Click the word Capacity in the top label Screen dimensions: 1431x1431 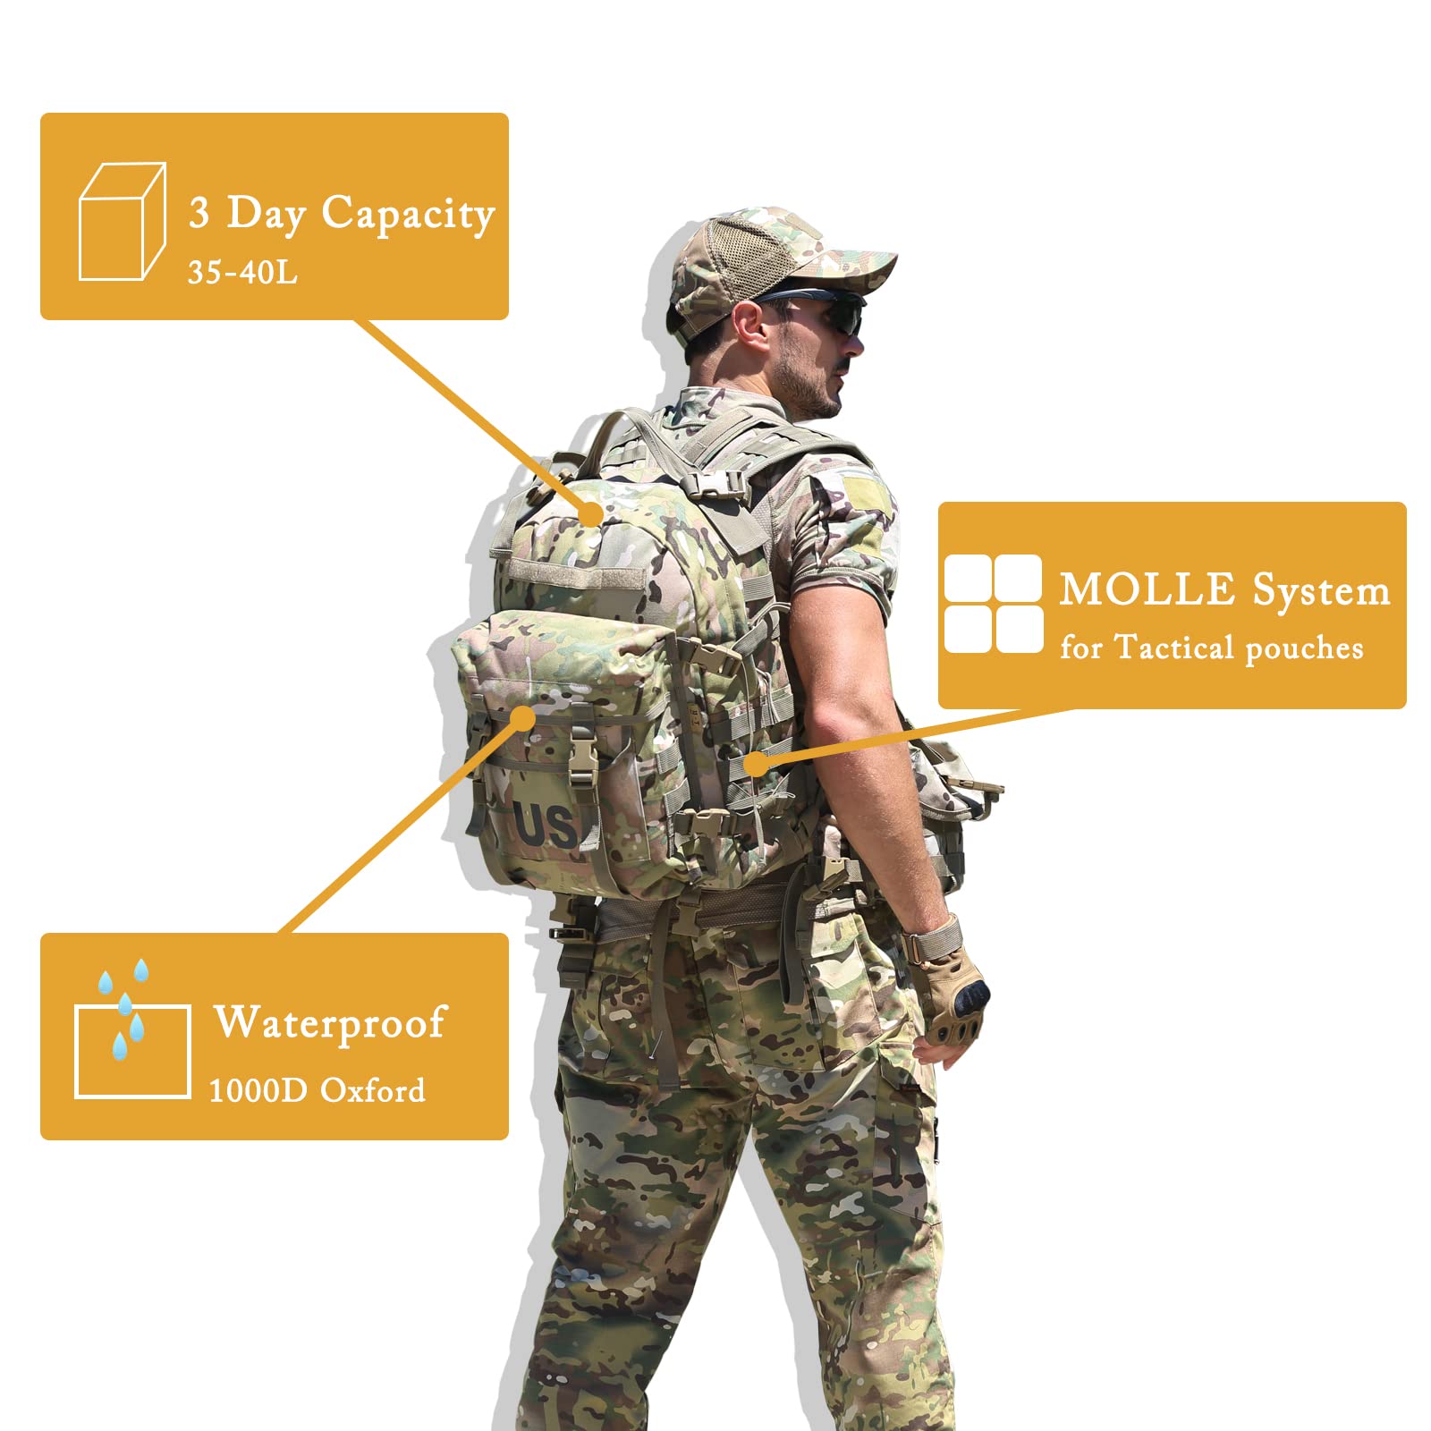click(x=407, y=215)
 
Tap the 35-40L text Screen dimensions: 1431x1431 click(x=241, y=272)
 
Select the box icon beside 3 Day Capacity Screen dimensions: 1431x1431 click(x=122, y=221)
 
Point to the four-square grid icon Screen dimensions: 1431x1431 click(x=993, y=604)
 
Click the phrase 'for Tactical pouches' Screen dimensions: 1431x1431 click(x=1211, y=648)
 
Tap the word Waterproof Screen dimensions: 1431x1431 click(x=329, y=1023)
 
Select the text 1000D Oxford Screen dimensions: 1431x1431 click(x=317, y=1090)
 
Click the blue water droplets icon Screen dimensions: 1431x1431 click(x=124, y=1006)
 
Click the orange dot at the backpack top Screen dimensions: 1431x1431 click(x=590, y=513)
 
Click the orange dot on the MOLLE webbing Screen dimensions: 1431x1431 click(x=756, y=763)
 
